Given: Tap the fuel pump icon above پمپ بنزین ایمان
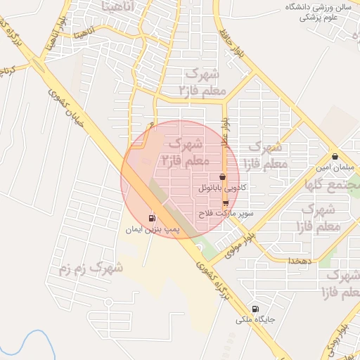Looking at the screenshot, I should pos(153,218).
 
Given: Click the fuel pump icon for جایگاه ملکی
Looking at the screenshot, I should pos(255,309).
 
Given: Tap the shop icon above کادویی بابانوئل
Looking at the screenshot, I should pos(223,177).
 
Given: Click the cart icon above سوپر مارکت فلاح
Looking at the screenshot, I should pos(225,202).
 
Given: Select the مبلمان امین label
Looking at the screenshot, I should pos(334,168).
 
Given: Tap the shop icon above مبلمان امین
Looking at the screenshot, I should pos(335,157).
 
